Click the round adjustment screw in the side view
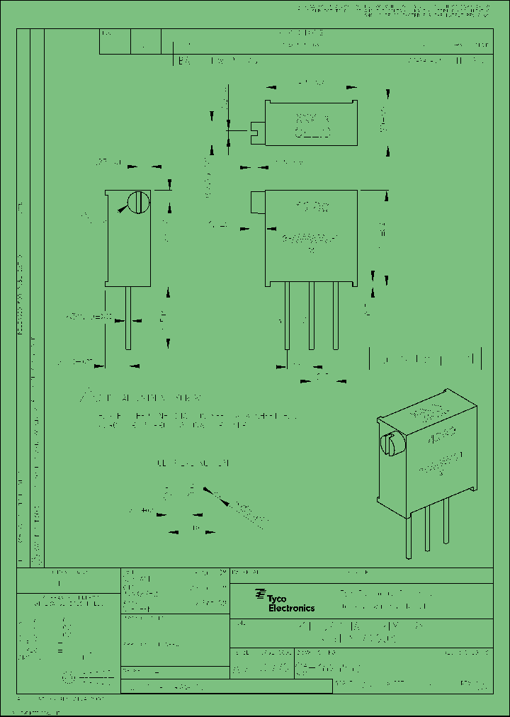point(139,203)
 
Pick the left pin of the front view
point(287,315)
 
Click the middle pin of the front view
point(311,315)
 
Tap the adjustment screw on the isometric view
point(389,444)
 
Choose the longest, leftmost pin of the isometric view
point(409,534)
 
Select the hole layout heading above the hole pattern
point(193,463)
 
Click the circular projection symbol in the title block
point(69,678)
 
